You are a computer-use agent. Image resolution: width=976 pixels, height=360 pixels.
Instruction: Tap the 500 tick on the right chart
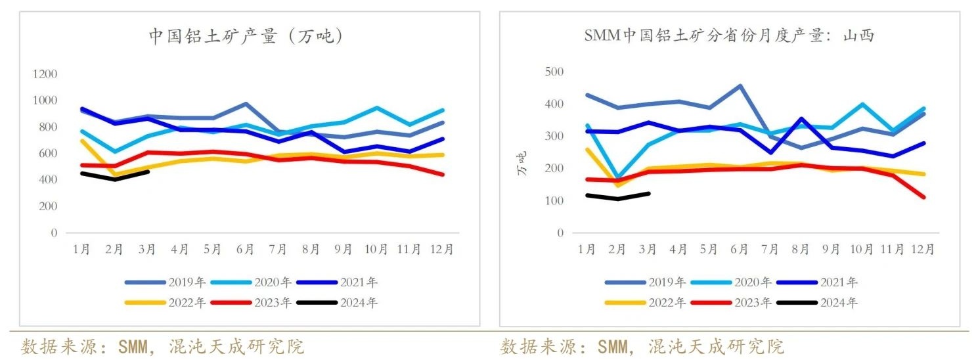(554, 71)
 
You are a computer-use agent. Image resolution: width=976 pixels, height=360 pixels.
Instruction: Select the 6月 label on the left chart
(245, 250)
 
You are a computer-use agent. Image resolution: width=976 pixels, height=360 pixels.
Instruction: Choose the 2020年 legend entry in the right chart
(752, 282)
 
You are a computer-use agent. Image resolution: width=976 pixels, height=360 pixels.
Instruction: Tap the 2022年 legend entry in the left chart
(187, 303)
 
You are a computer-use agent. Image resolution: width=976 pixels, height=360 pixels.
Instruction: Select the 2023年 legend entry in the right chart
(752, 303)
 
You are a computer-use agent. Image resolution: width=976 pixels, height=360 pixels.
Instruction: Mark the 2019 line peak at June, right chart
(740, 85)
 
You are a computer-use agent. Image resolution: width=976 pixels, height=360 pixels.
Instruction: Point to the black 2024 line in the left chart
(116, 179)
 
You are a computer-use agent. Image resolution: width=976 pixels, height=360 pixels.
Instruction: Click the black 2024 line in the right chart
(617, 198)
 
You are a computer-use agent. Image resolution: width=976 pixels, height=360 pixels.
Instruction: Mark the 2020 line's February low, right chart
(618, 178)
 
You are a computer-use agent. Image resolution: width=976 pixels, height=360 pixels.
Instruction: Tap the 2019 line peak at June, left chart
(246, 104)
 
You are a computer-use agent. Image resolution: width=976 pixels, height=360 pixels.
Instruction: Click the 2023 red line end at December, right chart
(923, 197)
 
